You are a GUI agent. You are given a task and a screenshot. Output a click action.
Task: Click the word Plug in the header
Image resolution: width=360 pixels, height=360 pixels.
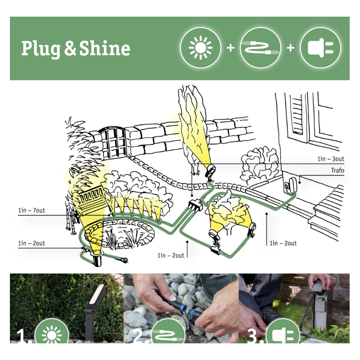coord(40,49)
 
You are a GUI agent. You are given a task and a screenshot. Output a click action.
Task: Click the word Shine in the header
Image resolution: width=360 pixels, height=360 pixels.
coord(105,48)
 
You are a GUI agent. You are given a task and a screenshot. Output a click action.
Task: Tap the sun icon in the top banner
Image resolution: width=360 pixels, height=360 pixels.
coord(200,48)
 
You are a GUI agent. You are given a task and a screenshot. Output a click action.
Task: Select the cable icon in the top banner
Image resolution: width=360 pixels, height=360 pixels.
coord(261,48)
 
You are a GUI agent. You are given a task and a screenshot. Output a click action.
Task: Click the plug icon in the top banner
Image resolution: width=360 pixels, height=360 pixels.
coord(320,48)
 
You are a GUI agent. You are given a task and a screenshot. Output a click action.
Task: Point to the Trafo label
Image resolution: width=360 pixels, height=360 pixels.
coord(337,171)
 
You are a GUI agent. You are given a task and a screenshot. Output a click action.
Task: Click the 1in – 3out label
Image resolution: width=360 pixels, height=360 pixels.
coord(331,159)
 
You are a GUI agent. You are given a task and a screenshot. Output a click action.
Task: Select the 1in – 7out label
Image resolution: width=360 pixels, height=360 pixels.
coord(31,210)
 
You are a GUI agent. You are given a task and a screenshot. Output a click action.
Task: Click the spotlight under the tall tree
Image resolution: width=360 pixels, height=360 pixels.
coord(211,171)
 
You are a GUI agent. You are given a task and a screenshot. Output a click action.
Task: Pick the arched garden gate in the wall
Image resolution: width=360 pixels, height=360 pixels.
coord(113,142)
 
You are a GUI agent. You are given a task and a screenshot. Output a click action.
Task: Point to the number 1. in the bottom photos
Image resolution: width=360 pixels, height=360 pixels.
coord(24,336)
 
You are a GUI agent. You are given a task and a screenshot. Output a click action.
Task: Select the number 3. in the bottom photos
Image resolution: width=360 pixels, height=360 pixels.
coord(255,336)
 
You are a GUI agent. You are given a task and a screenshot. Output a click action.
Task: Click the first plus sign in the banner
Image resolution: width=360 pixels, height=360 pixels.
coord(230,48)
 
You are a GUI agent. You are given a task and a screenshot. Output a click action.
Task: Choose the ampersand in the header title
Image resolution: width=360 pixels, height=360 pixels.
coord(70,48)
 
